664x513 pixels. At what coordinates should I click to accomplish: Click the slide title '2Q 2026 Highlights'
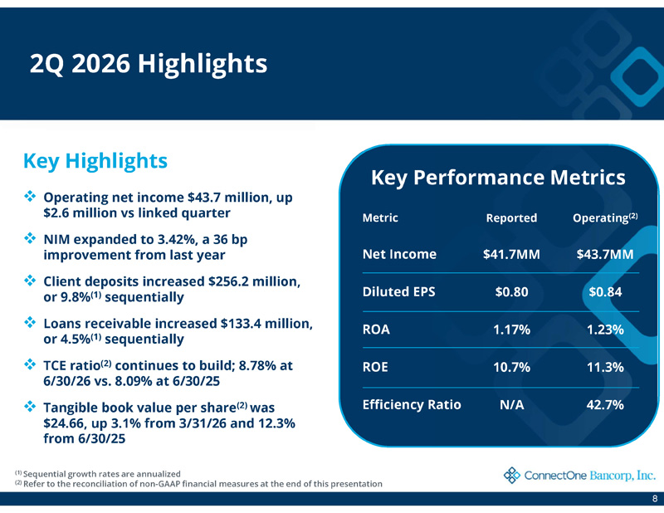pos(149,65)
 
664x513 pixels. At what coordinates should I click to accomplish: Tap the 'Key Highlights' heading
pos(95,161)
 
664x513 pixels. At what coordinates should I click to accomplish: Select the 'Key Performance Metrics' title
pos(498,178)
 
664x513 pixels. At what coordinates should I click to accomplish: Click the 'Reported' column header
pos(511,217)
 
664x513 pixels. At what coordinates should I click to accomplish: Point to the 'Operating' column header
pos(605,217)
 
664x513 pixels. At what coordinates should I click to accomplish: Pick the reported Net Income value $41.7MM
pos(511,254)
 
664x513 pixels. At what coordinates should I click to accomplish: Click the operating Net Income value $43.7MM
pos(605,254)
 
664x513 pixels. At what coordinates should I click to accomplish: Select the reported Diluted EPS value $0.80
pos(511,292)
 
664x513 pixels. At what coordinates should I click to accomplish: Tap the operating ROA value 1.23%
pos(605,330)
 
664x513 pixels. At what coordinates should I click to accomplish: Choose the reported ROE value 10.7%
pos(511,367)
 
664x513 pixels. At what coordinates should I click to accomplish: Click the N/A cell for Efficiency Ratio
pos(511,405)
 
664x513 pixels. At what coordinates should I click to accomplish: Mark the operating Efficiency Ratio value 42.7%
pos(605,405)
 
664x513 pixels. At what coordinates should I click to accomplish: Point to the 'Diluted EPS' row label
pos(398,292)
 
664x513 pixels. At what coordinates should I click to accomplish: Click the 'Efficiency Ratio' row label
pos(412,404)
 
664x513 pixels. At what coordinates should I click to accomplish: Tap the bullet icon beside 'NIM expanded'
pos(30,238)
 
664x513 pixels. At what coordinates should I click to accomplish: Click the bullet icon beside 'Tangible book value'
pos(30,406)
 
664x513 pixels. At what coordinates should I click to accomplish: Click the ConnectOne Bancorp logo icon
pos(512,476)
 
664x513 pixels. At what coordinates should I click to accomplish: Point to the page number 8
pos(655,499)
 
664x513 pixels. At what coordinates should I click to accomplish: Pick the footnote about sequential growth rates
pos(98,474)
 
